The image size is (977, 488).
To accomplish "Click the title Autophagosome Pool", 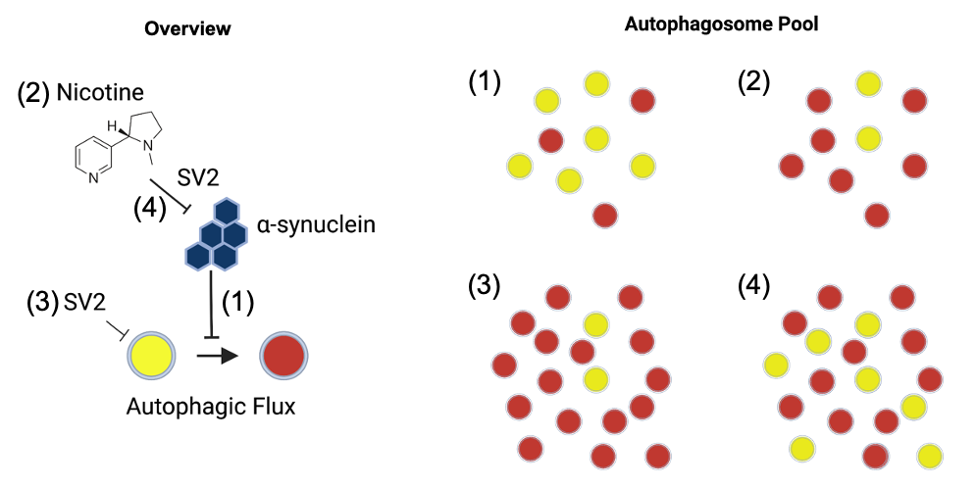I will (x=721, y=25).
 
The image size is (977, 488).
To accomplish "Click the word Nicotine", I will (x=100, y=93).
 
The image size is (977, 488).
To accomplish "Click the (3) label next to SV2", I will (x=43, y=302).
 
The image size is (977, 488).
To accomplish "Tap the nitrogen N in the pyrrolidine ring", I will (x=143, y=142).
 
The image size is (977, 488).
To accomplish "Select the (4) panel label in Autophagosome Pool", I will (x=754, y=285).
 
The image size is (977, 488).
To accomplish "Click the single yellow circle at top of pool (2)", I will (x=867, y=84).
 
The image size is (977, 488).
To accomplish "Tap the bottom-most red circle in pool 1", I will (x=605, y=214).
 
